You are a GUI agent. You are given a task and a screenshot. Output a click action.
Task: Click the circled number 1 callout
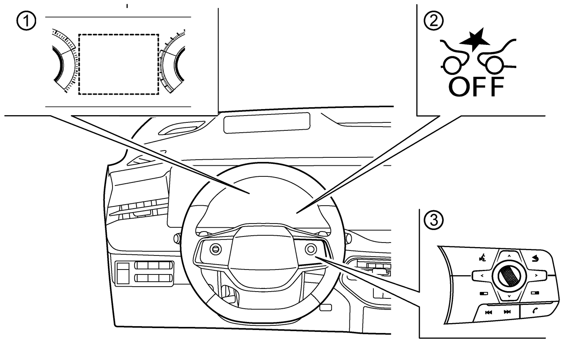(x=26, y=21)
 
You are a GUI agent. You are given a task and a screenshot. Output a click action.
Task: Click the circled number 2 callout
(x=434, y=21)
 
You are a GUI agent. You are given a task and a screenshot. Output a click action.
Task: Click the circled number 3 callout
(x=434, y=220)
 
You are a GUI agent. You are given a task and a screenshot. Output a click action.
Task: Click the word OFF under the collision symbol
(x=476, y=87)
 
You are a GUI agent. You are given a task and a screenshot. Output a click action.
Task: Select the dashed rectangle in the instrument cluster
(x=119, y=64)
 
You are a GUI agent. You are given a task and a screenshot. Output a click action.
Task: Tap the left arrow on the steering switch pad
(x=482, y=276)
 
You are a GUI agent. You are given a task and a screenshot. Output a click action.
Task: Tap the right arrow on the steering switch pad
(x=536, y=276)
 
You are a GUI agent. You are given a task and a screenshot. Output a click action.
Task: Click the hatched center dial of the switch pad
(x=509, y=276)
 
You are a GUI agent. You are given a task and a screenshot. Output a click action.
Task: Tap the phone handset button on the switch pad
(x=536, y=311)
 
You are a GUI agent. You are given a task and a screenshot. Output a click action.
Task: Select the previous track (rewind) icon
(x=489, y=312)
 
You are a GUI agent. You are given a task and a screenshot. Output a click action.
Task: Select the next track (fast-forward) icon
(x=507, y=312)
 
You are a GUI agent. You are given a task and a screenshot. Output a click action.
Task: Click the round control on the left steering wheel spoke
(x=216, y=249)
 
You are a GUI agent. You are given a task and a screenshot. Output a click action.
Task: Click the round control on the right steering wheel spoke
(x=311, y=249)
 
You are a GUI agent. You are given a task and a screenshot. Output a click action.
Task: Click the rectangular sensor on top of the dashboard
(x=267, y=123)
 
